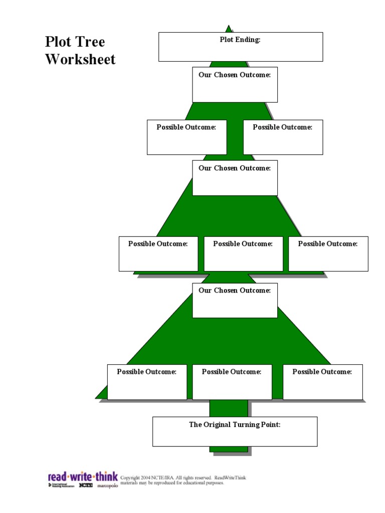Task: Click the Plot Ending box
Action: point(241,47)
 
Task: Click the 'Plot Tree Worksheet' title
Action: point(80,50)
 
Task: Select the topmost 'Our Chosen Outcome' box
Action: point(235,85)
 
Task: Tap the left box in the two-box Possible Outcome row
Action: point(186,137)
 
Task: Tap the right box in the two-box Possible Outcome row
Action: point(283,137)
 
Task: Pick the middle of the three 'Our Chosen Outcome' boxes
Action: point(235,178)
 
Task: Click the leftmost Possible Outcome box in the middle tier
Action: point(158,254)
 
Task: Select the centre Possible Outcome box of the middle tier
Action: point(243,254)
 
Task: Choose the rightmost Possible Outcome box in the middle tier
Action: point(328,254)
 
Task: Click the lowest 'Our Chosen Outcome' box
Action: point(235,300)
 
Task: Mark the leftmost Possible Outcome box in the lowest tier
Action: point(147,382)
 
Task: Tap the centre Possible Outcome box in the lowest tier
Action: point(232,382)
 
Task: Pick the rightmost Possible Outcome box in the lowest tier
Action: point(322,382)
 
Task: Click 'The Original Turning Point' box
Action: point(235,431)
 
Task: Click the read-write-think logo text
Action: point(83,476)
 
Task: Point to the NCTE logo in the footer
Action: point(86,485)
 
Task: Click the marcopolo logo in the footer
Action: point(107,486)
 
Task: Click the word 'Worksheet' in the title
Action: point(80,59)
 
